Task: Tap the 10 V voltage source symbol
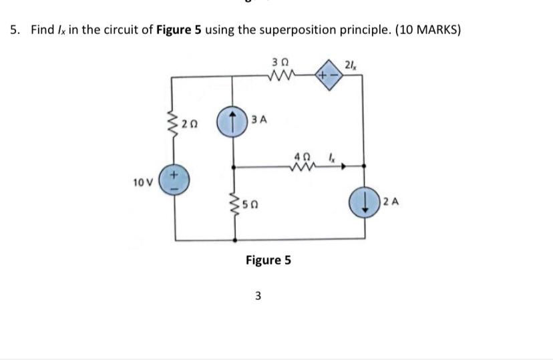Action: point(176,181)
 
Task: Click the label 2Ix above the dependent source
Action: point(351,64)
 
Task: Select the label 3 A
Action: point(260,120)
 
